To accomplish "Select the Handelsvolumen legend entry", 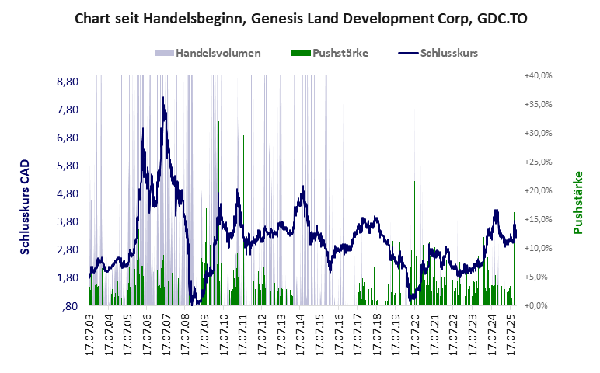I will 208,53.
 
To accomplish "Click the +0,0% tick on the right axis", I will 538,305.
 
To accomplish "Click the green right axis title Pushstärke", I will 577,202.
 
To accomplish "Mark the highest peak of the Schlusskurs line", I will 163,98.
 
